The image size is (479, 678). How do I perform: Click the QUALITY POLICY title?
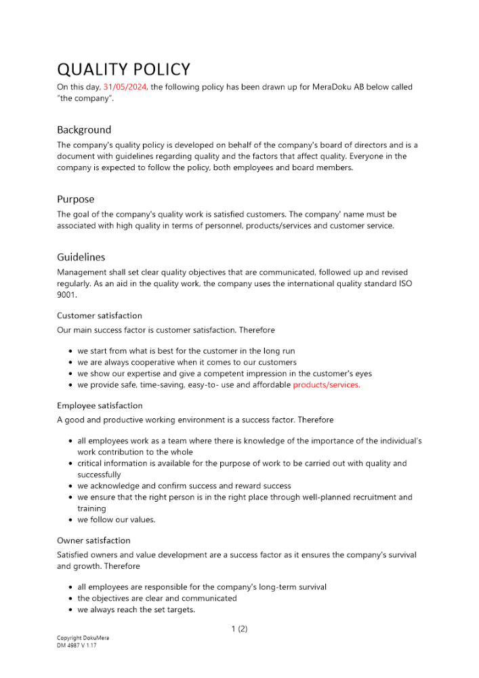(x=123, y=69)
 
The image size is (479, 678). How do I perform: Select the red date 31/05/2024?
(x=125, y=87)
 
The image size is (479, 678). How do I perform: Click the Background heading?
(x=84, y=129)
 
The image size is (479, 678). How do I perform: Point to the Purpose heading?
(x=75, y=199)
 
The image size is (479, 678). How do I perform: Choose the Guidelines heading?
(x=81, y=257)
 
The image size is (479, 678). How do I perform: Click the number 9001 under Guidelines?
(x=67, y=296)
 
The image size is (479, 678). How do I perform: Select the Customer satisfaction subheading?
(x=100, y=315)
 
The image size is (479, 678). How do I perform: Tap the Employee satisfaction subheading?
(x=100, y=405)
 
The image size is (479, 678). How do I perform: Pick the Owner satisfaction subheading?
(x=93, y=540)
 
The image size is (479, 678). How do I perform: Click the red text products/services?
(x=327, y=384)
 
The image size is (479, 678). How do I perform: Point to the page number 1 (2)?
(x=239, y=629)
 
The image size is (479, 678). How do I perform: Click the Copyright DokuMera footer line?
(x=83, y=638)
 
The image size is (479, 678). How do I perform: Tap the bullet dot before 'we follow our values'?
(x=71, y=520)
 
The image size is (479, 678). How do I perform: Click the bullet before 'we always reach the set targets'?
(x=71, y=610)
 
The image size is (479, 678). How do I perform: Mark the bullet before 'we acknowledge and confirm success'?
(x=71, y=486)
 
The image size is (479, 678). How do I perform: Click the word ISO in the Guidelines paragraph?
(x=403, y=284)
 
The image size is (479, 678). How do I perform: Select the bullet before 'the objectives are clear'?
(x=71, y=599)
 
